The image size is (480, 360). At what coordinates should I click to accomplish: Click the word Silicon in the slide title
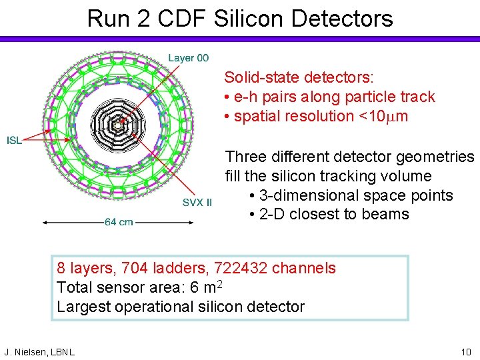coord(245,18)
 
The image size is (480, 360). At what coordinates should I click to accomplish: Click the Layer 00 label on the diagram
coord(188,59)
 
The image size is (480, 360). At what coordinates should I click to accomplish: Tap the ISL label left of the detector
coord(15,140)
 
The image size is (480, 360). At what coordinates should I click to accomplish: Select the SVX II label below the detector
coord(197,203)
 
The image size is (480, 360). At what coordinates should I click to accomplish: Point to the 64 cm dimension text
coord(118,222)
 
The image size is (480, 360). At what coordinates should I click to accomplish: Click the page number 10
coord(466,351)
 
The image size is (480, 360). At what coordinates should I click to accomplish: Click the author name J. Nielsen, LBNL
coord(39,351)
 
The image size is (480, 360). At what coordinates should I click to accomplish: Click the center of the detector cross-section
coord(118,125)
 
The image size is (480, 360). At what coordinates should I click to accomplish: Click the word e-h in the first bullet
coord(244,97)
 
